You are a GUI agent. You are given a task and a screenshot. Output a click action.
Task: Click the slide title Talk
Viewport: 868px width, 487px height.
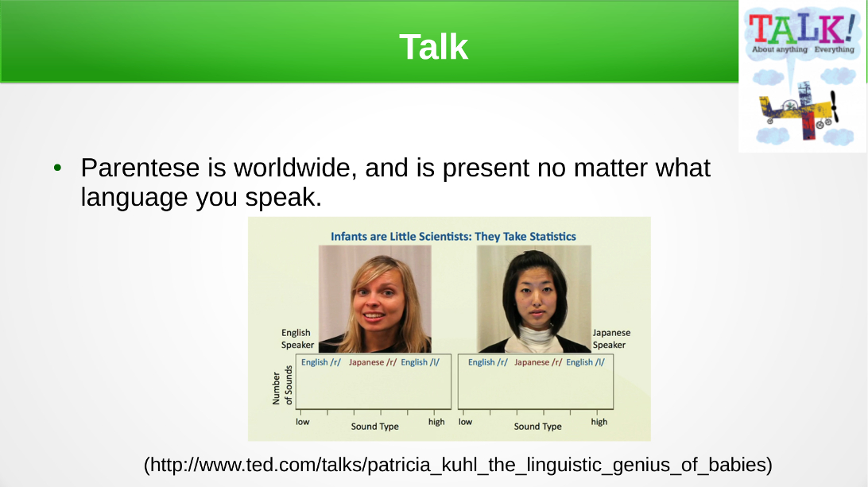pyautogui.click(x=433, y=47)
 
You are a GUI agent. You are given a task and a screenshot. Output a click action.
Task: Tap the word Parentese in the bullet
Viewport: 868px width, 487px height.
pyautogui.click(x=140, y=168)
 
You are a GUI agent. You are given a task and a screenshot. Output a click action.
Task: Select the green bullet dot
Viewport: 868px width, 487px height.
pyautogui.click(x=57, y=168)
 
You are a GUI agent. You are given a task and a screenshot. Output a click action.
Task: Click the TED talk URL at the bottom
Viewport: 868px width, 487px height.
pyautogui.click(x=458, y=464)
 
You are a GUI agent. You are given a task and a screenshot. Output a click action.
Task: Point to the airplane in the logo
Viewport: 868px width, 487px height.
pyautogui.click(x=799, y=110)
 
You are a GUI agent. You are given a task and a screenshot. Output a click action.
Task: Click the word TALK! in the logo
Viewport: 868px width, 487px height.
pyautogui.click(x=802, y=29)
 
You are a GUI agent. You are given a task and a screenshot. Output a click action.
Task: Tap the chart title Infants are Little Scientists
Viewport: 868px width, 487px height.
pyautogui.click(x=453, y=236)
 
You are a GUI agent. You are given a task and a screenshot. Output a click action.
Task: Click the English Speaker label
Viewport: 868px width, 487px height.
pyautogui.click(x=297, y=338)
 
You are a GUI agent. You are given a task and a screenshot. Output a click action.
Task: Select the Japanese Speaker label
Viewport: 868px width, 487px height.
pyautogui.click(x=611, y=338)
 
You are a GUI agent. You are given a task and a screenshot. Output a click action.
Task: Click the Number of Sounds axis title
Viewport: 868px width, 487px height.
pyautogui.click(x=281, y=385)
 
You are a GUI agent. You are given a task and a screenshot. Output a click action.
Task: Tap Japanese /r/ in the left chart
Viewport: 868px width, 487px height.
pyautogui.click(x=373, y=362)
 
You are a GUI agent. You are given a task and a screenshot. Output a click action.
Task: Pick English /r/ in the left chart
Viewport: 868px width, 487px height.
pyautogui.click(x=320, y=362)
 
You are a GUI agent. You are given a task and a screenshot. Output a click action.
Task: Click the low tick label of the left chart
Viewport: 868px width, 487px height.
pyautogui.click(x=302, y=422)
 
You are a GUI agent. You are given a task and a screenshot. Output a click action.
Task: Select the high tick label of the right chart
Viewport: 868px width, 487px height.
pyautogui.click(x=599, y=422)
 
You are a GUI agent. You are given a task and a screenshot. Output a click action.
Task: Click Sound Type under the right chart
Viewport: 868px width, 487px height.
pyautogui.click(x=537, y=426)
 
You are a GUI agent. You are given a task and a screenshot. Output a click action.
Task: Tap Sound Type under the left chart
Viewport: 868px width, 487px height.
pyautogui.click(x=374, y=426)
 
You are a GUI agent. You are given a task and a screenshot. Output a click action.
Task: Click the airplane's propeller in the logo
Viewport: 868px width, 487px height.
pyautogui.click(x=835, y=106)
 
